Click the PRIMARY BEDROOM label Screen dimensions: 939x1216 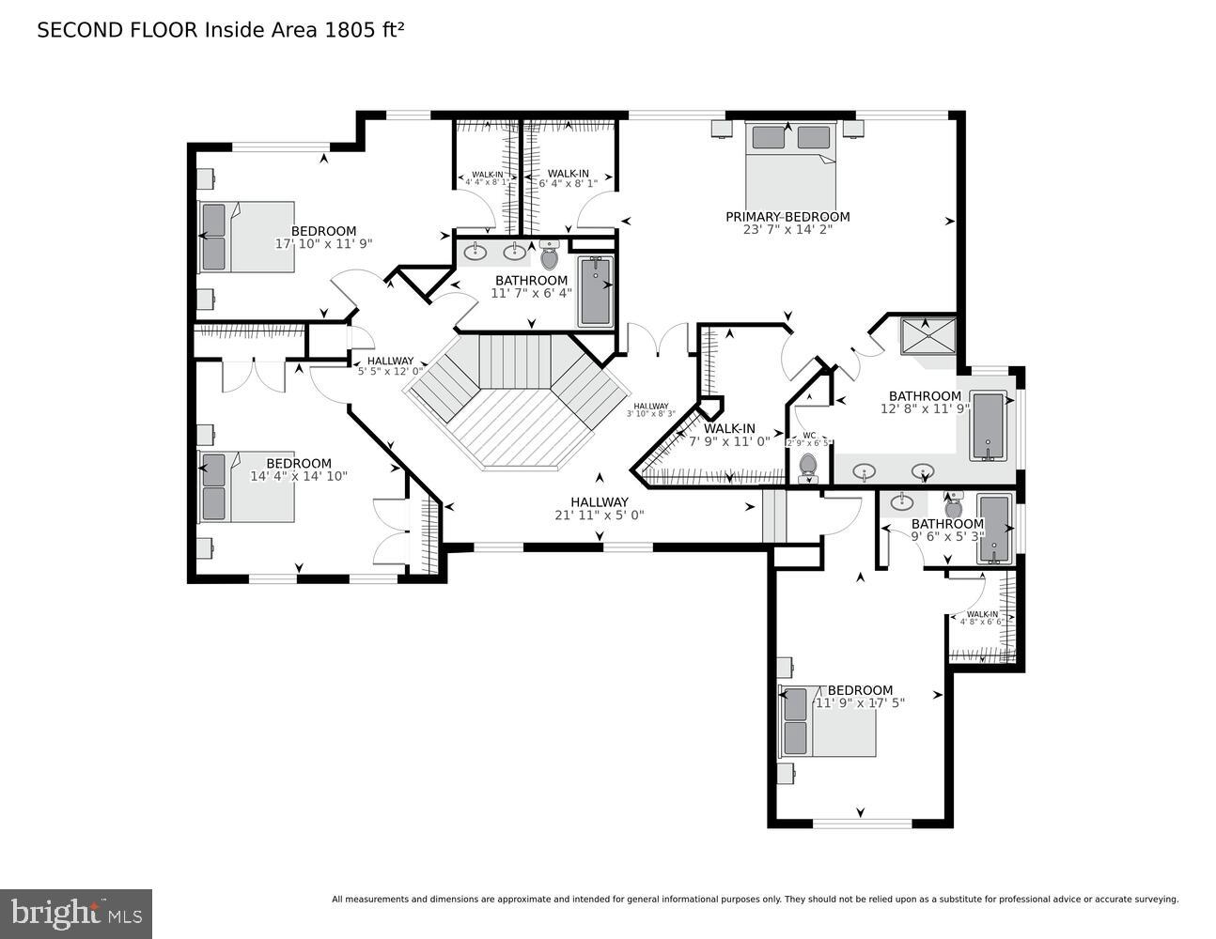[x=787, y=217]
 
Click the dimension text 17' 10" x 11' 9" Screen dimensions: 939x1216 [x=323, y=243]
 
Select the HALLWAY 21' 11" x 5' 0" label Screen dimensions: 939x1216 [x=599, y=502]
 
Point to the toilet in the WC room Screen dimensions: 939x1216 [x=807, y=466]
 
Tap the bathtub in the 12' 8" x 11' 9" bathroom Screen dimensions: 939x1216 [x=988, y=426]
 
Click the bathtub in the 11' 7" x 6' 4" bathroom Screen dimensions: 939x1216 [x=595, y=291]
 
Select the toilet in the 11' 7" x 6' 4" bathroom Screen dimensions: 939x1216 [x=550, y=255]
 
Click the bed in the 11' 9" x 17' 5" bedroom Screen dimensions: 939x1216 [x=827, y=721]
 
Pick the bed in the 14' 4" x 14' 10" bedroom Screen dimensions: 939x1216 [x=246, y=487]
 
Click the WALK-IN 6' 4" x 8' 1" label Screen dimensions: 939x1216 [x=568, y=175]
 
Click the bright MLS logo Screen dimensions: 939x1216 [x=76, y=913]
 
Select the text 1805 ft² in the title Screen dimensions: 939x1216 [x=365, y=30]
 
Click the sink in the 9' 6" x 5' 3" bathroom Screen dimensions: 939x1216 [x=903, y=500]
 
